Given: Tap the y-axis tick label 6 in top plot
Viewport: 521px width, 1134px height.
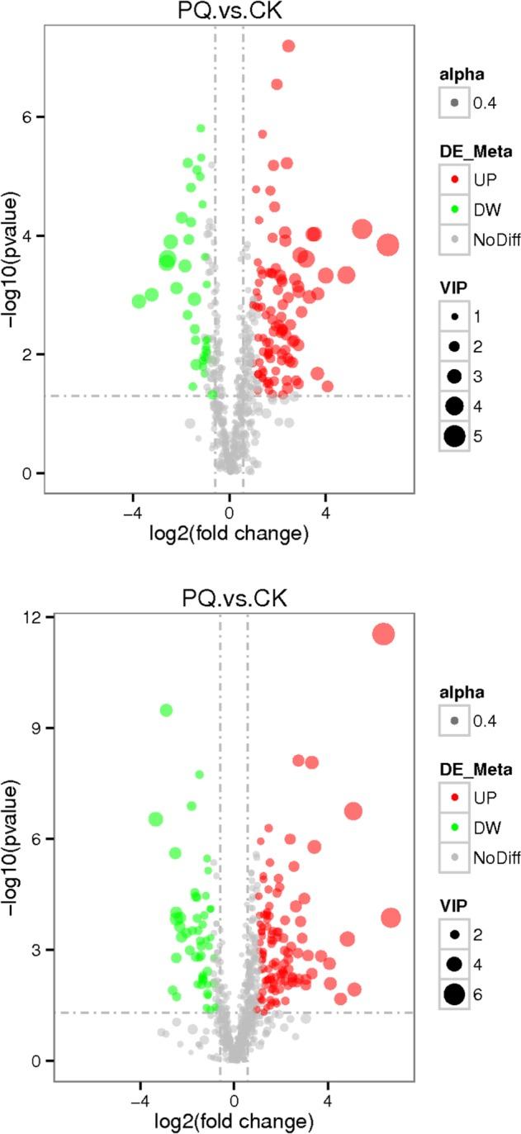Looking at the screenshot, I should click(26, 117).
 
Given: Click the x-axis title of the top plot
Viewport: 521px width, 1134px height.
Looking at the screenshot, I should click(229, 534).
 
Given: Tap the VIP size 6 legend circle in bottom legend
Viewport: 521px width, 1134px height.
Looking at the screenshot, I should click(453, 994).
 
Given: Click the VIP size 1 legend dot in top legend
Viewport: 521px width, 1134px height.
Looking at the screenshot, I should click(453, 317).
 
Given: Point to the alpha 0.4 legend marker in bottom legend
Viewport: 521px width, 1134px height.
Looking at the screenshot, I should click(453, 721).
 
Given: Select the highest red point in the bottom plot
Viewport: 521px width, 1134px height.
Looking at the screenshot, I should click(384, 634).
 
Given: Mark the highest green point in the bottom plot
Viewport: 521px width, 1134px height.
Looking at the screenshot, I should click(166, 710).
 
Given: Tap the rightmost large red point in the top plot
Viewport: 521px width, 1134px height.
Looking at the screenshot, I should click(388, 244).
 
